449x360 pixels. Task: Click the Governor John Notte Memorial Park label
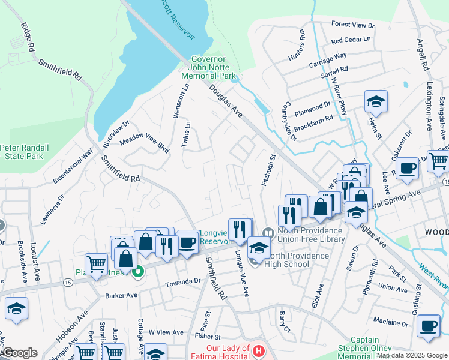coord(209,68)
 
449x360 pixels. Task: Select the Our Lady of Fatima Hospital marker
coord(258,350)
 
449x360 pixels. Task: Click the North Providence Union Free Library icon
coord(268,232)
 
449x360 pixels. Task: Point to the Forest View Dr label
coord(352,26)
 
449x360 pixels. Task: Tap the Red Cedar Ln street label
coord(351,40)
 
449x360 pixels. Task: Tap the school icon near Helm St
coord(376,101)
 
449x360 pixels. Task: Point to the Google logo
coord(19,353)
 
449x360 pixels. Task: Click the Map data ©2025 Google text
coord(411,355)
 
